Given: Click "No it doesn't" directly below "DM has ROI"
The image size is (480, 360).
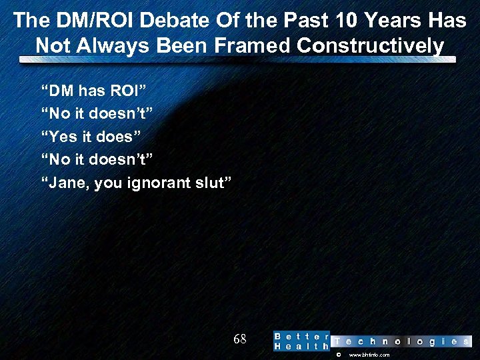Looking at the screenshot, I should [x=97, y=113].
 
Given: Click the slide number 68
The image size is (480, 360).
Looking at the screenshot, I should [x=240, y=339].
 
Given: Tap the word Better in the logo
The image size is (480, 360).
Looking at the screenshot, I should [x=301, y=336].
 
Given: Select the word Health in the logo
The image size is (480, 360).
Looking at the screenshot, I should [x=301, y=347].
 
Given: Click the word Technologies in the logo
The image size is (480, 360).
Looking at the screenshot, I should [x=401, y=341].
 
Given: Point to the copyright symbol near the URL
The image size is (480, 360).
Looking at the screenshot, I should [x=339, y=355].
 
